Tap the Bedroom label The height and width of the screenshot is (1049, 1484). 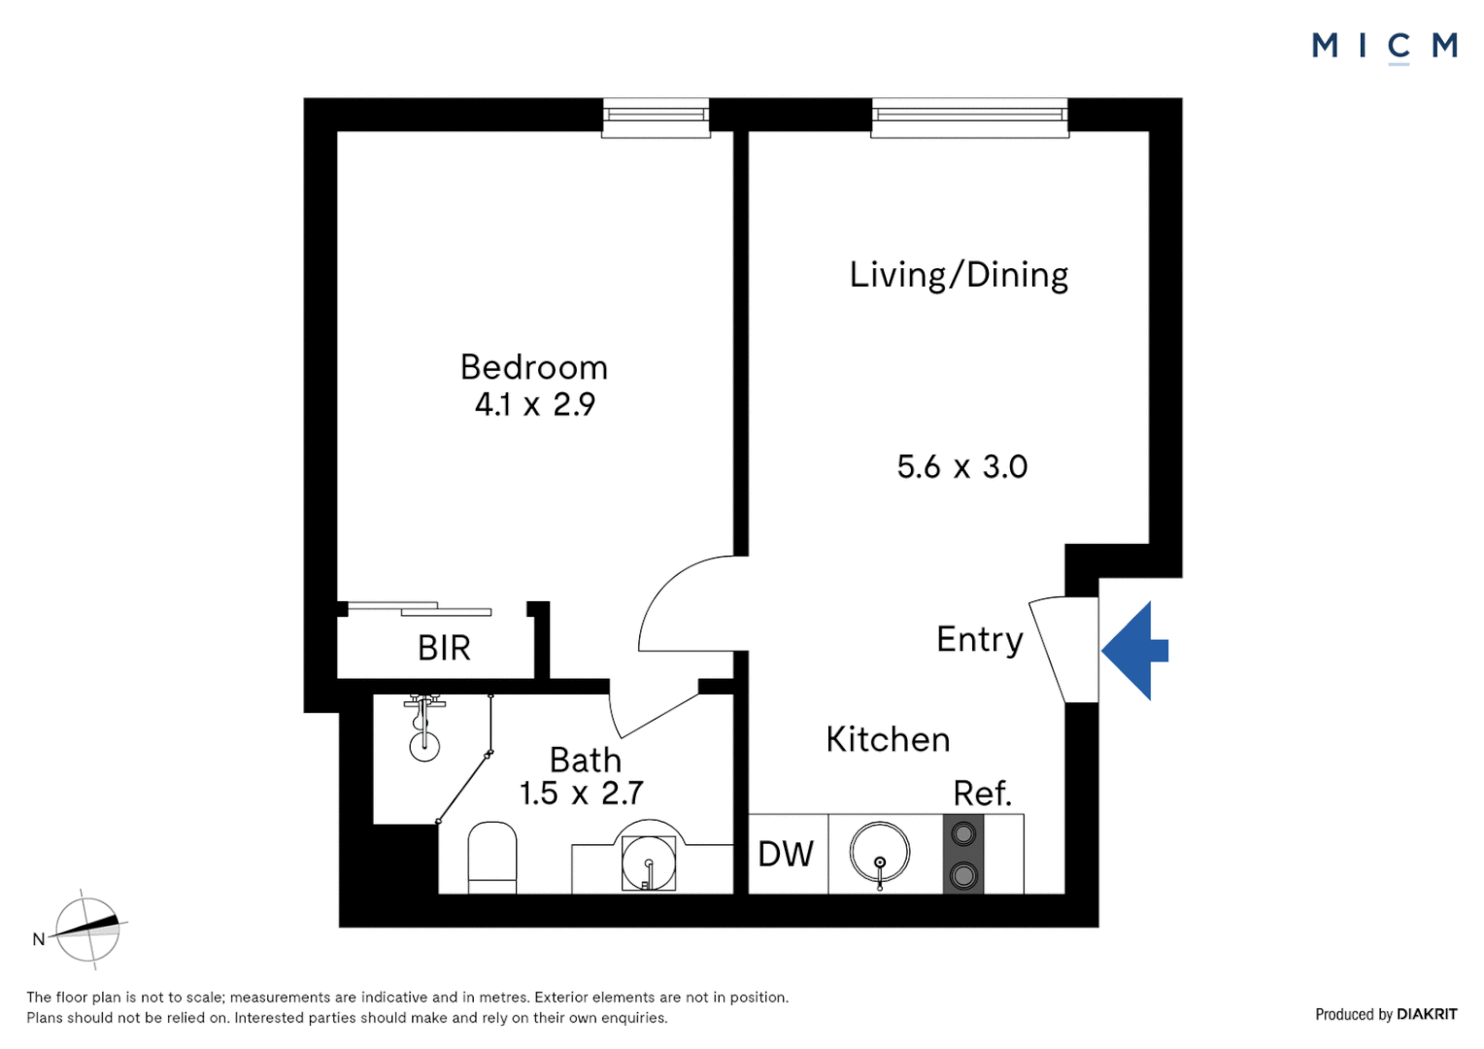[x=534, y=367]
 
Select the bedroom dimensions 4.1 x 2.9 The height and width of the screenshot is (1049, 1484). [x=534, y=404]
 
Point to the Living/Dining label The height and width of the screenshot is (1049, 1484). [x=959, y=275]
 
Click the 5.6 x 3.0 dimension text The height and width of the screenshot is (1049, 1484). [x=961, y=466]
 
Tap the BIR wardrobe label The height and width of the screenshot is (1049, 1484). [x=444, y=648]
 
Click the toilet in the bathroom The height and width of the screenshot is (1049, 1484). [x=492, y=858]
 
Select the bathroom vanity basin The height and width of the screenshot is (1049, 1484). [x=649, y=863]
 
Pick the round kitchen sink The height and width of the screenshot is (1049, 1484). [x=880, y=853]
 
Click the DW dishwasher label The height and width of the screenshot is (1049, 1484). [x=786, y=854]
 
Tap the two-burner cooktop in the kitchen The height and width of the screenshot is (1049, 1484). [x=963, y=854]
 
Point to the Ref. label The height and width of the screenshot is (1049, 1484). [x=983, y=793]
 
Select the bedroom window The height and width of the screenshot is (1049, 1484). [x=656, y=118]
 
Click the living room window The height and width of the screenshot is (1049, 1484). [x=970, y=118]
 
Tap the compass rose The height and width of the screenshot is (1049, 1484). [x=87, y=930]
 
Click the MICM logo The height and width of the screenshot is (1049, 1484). [x=1385, y=47]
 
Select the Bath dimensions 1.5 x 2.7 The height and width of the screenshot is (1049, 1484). [x=581, y=793]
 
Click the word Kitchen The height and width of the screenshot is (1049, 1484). [x=888, y=739]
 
